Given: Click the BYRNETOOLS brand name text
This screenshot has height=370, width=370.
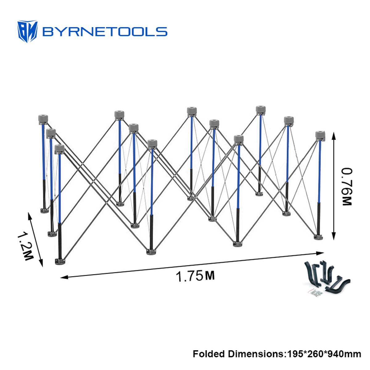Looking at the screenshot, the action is click(105, 32).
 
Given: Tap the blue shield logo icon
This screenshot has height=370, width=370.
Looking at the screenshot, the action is click(27, 31).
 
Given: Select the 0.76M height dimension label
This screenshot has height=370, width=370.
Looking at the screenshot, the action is click(347, 187).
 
